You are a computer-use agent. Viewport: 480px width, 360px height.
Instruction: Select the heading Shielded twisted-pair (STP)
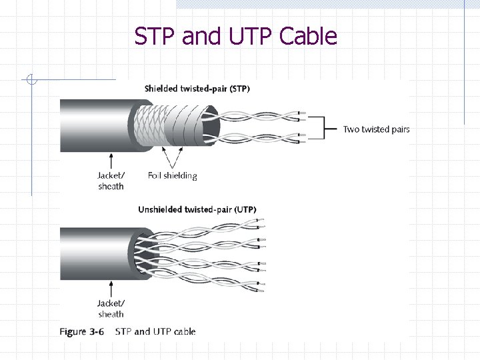tap(197, 89)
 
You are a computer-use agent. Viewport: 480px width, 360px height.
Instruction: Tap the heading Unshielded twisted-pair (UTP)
tap(197, 209)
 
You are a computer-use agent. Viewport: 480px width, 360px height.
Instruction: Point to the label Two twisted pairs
tap(376, 129)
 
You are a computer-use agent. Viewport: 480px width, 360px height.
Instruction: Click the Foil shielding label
tap(172, 176)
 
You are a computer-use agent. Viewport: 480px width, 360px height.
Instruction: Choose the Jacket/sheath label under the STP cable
tap(111, 181)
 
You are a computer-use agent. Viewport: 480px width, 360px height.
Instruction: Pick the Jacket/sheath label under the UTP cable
tap(111, 309)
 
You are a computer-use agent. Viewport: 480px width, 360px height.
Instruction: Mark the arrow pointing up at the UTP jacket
tap(111, 288)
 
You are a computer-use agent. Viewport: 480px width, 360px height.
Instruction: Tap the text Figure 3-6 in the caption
tap(82, 331)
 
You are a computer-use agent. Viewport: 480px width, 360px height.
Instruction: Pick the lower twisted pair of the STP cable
tap(260, 139)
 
